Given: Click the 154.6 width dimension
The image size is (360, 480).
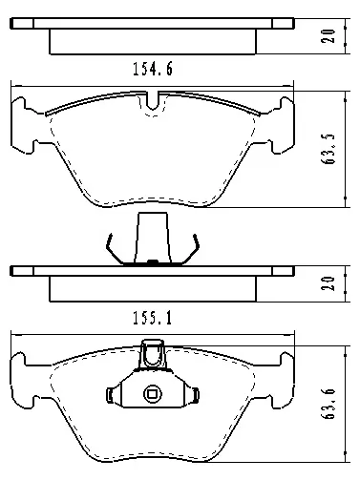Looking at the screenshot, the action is pos(153,69).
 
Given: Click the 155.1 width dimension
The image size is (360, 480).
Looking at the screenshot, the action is pos(153,318).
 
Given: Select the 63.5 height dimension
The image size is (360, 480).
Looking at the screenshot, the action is pos(328,149).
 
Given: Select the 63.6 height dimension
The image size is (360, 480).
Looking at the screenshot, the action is pos(328,404).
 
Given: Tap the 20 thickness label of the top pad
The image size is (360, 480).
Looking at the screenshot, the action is pos(328,36).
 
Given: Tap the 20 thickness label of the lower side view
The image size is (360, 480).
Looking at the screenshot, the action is pos(328,283).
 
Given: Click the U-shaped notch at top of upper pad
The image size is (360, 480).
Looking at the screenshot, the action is pos(153,100).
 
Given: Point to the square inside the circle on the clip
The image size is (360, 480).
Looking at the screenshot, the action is pos(153,394).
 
